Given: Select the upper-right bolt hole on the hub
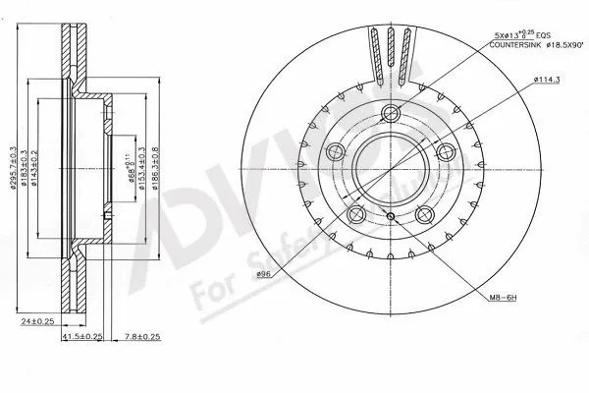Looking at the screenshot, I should [x=446, y=150].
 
